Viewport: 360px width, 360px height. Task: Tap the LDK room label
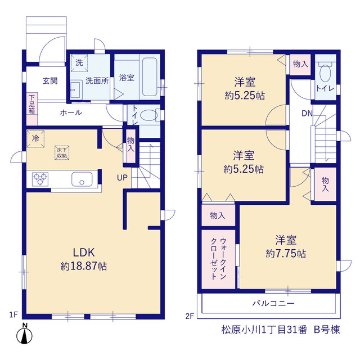(84, 253)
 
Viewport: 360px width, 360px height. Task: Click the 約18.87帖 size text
(84, 266)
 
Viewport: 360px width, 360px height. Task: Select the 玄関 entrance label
(50, 81)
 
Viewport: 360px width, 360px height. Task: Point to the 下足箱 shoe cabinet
(32, 109)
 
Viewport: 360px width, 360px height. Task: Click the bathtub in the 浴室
(150, 77)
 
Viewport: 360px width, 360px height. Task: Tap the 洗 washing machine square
(79, 63)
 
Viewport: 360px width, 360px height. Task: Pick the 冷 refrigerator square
(35, 139)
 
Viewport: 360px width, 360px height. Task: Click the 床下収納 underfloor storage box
(62, 152)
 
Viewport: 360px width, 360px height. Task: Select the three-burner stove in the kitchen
(40, 179)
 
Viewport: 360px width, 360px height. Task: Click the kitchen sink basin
(82, 179)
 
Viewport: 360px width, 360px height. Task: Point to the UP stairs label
(122, 178)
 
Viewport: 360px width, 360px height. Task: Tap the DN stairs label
(307, 113)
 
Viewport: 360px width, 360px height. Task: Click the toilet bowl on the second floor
(325, 73)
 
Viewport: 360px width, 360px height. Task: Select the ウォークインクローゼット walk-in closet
(218, 259)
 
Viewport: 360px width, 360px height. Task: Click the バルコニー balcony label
(273, 303)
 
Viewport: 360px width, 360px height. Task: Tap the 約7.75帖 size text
(286, 254)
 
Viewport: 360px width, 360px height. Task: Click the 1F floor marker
(13, 314)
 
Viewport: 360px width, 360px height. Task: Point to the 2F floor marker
(190, 316)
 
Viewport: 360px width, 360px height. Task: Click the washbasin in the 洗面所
(76, 90)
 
